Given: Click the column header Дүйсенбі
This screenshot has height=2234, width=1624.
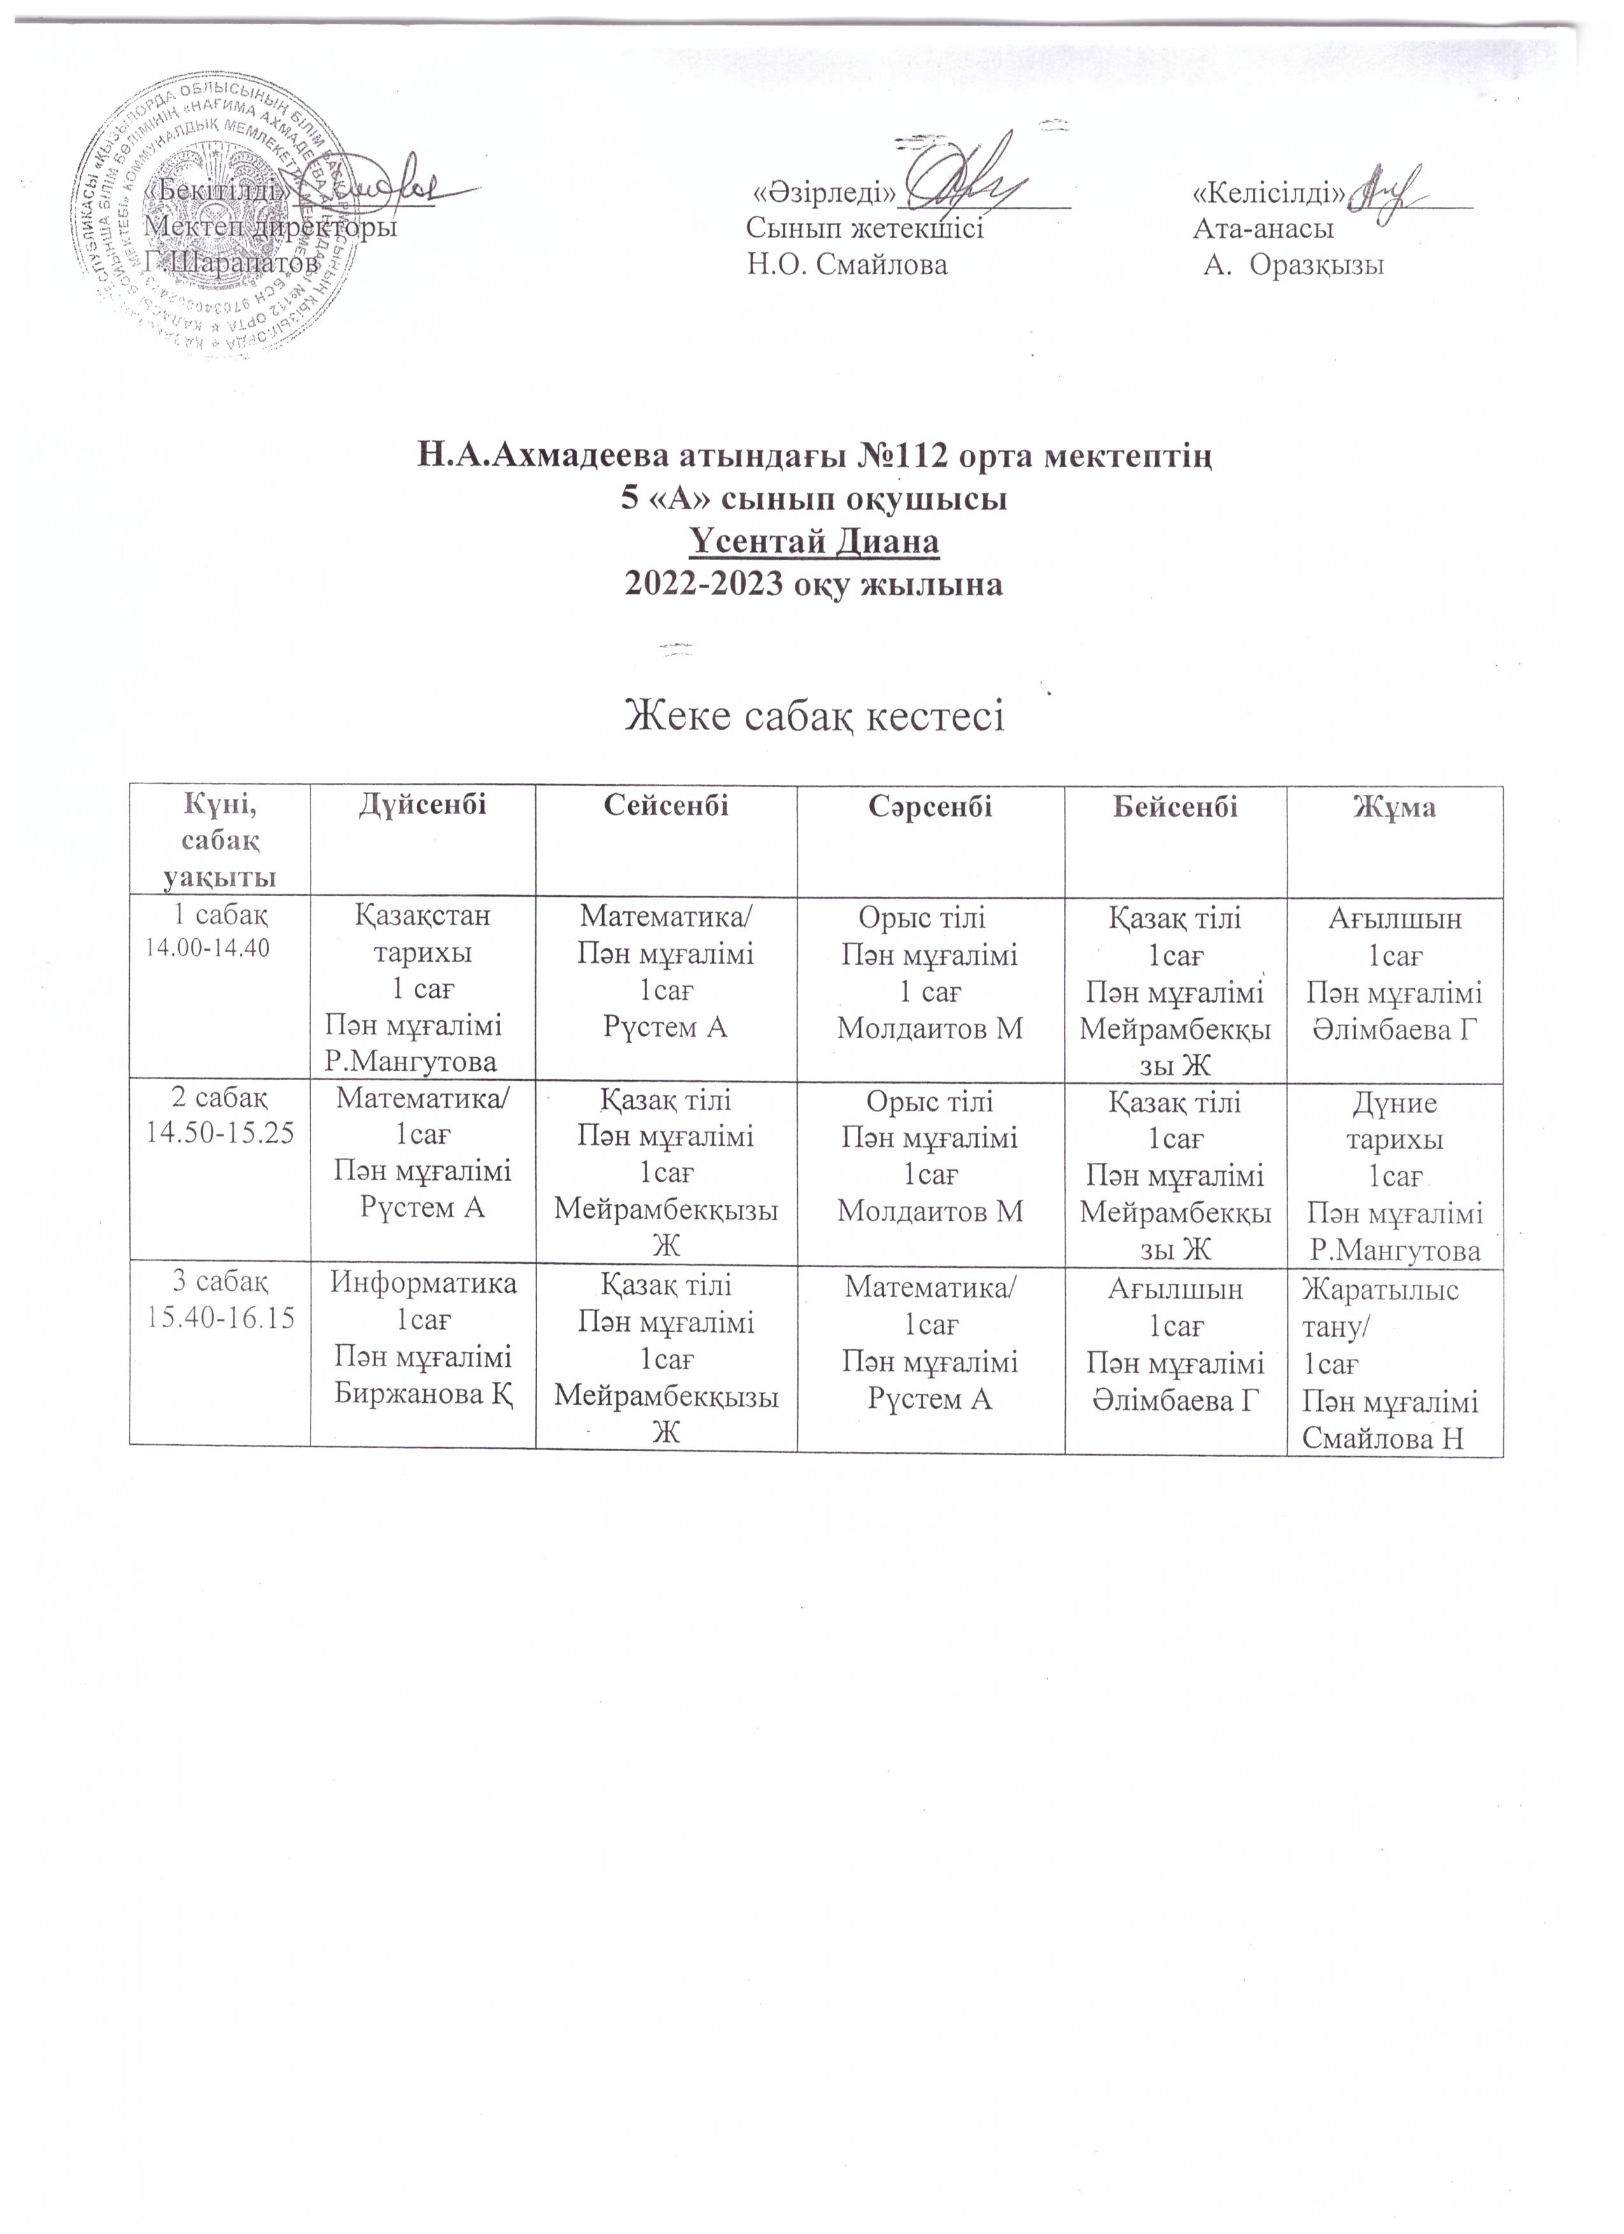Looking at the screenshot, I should click(423, 808).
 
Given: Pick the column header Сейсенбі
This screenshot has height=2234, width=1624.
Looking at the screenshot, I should click(666, 808).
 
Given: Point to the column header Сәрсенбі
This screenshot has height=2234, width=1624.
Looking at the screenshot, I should click(930, 808).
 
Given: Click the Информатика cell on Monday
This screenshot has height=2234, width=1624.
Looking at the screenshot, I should click(423, 1340).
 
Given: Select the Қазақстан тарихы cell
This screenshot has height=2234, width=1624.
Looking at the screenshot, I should click(423, 988).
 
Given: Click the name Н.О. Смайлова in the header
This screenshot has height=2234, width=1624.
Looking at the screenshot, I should click(847, 265).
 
